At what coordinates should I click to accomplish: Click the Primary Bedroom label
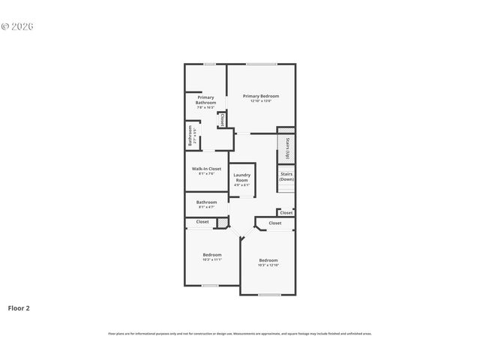click(x=261, y=95)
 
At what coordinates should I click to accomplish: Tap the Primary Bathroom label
click(x=205, y=99)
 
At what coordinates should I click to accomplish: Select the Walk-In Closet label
click(x=206, y=169)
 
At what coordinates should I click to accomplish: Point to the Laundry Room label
click(x=241, y=178)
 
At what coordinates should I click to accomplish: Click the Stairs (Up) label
click(x=287, y=148)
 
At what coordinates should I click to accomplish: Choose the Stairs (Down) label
click(x=287, y=177)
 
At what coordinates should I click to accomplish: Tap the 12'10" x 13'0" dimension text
click(x=261, y=100)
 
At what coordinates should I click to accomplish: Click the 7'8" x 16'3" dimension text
click(x=205, y=107)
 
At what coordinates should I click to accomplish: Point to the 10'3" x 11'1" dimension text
click(x=212, y=259)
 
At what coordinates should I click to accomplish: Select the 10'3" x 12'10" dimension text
click(x=268, y=265)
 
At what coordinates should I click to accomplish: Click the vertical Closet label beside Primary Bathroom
click(x=222, y=119)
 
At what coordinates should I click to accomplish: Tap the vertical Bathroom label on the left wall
click(x=190, y=135)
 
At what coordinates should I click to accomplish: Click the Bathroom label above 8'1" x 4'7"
click(x=207, y=201)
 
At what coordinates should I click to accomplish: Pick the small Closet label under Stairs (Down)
click(x=286, y=212)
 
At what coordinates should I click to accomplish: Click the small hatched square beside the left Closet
click(x=222, y=222)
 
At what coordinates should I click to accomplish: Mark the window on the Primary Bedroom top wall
click(x=262, y=64)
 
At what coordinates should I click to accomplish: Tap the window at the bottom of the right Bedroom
click(x=269, y=295)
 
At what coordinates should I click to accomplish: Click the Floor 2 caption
click(x=19, y=307)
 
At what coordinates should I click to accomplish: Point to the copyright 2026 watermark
click(x=17, y=26)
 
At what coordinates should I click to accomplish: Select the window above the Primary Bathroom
click(x=210, y=64)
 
